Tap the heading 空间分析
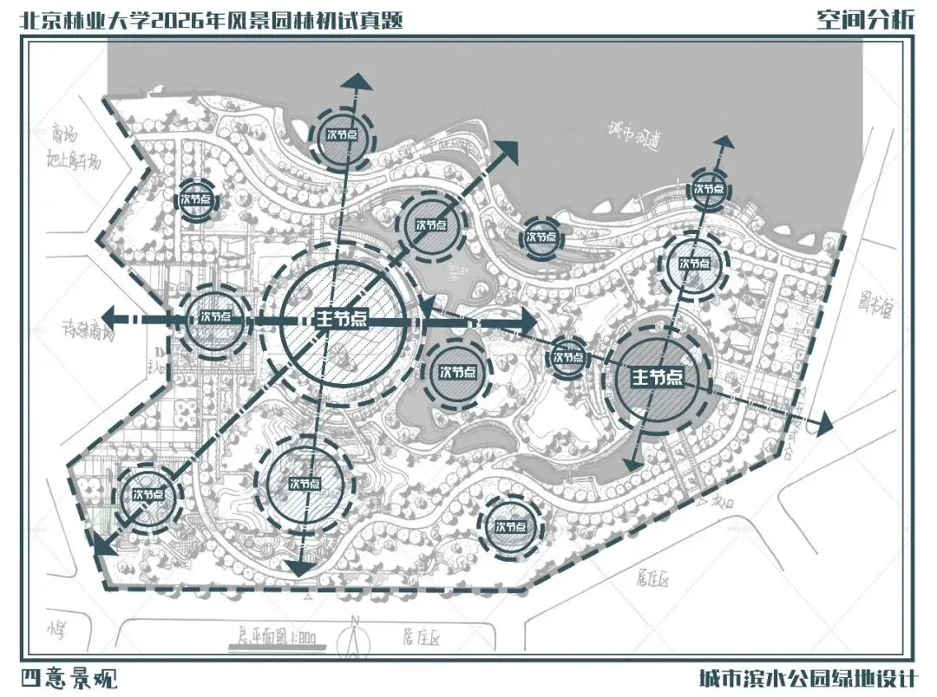tap(865, 19)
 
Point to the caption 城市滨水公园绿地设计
tap(806, 677)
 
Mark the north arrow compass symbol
tap(355, 636)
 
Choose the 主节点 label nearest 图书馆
tap(666, 378)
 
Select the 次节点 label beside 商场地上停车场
tap(195, 199)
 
